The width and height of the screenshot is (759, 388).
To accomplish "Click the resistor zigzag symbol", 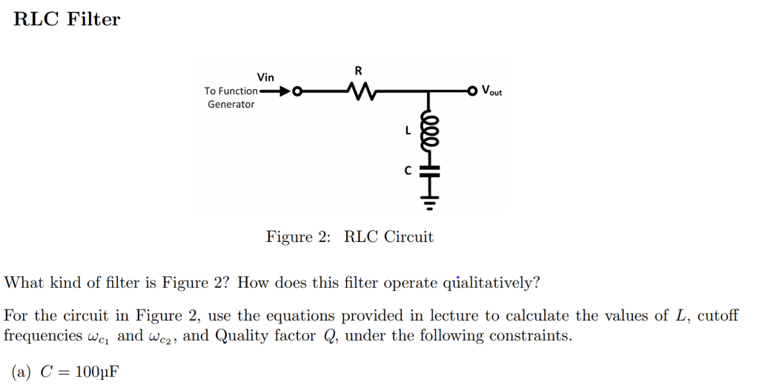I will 362,92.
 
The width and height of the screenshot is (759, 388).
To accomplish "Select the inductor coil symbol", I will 428,131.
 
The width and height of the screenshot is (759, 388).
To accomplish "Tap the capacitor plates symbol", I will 428,170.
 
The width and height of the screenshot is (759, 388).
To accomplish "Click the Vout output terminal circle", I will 471,91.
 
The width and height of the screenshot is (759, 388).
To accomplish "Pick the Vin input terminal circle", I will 297,92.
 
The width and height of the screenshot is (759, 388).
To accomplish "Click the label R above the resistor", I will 359,71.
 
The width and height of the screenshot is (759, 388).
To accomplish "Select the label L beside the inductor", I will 407,131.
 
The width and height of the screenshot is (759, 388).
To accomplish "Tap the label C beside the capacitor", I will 407,171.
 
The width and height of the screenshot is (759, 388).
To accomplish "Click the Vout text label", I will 491,91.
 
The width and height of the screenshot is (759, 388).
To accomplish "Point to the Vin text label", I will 265,77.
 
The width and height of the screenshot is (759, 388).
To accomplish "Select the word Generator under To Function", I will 231,105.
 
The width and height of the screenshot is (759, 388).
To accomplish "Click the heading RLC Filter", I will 67,19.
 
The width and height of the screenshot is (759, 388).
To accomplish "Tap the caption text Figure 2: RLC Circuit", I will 350,237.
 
